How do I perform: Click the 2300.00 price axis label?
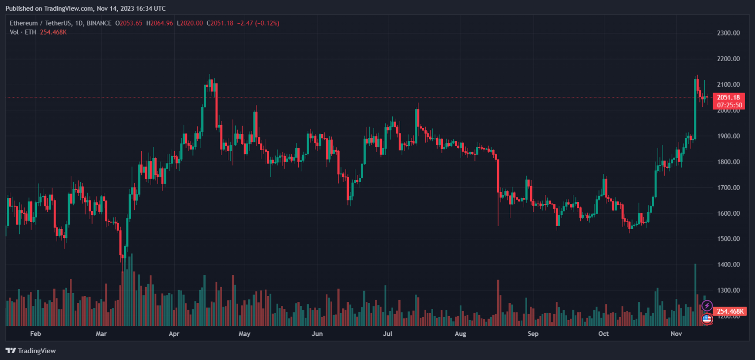(728, 33)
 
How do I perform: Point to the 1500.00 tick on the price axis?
(728, 239)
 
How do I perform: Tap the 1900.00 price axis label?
(728, 136)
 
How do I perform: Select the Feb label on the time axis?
(35, 334)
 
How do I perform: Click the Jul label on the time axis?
(388, 334)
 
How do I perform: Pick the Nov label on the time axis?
(676, 334)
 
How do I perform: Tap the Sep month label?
(533, 334)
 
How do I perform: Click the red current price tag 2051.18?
(729, 98)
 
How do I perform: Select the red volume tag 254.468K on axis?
(729, 311)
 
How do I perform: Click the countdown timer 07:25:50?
(729, 105)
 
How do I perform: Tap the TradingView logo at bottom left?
(31, 351)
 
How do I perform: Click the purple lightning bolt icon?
(707, 306)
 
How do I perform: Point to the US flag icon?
(707, 319)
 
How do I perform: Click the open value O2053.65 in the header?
(128, 23)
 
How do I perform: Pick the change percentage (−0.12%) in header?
(266, 23)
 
